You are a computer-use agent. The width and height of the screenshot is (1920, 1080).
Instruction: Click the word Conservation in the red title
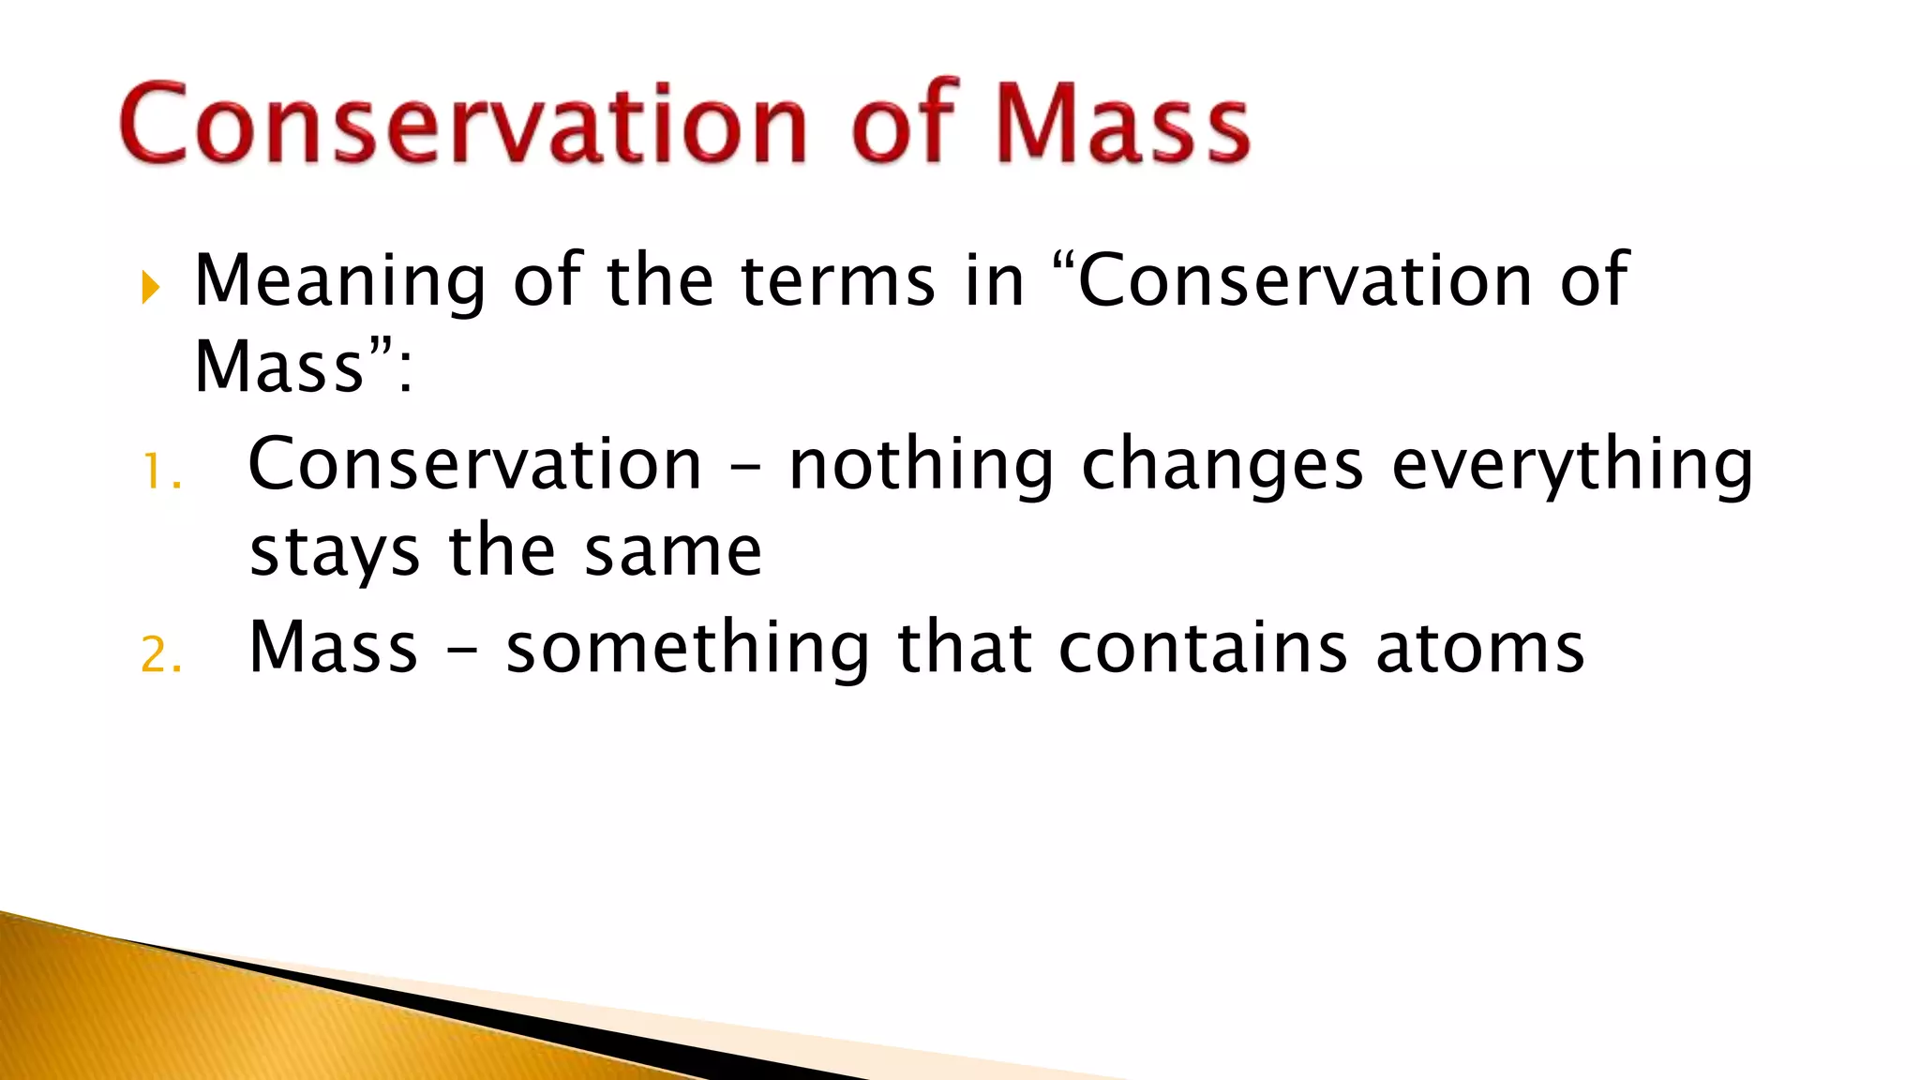(464, 125)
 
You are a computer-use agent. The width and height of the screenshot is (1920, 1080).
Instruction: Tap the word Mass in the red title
(1121, 125)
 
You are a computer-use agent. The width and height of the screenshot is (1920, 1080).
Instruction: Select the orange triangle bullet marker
(151, 287)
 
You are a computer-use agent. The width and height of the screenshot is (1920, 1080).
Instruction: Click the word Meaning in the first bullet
(339, 281)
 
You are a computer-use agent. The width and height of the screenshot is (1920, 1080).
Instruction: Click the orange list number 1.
(159, 472)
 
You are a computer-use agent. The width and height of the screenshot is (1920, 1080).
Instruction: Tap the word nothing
(922, 466)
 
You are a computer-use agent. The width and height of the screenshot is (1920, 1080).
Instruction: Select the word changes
(1222, 466)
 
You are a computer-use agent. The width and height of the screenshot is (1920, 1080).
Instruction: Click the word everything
(1572, 466)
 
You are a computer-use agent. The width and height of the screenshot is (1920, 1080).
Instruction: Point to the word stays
(335, 553)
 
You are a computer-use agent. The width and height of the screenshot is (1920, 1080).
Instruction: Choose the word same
(672, 553)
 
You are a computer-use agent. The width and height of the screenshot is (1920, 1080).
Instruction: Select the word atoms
(1480, 649)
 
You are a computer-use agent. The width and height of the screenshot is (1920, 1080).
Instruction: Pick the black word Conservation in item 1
(475, 466)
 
